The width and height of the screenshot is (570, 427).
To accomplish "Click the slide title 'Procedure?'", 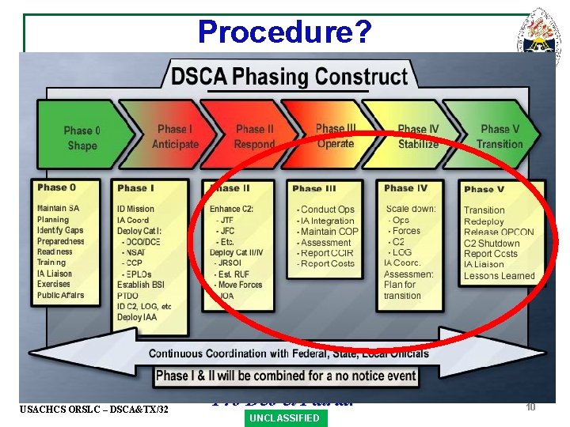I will click(284, 31).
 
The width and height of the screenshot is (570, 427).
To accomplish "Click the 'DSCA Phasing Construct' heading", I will click(289, 77).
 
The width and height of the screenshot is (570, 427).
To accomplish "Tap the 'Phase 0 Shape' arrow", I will click(82, 138).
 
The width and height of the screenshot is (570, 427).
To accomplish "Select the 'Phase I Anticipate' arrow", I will click(174, 137).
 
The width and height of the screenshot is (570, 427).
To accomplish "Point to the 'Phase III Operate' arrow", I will click(335, 136).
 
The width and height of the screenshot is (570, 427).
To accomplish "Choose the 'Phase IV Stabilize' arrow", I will click(417, 137).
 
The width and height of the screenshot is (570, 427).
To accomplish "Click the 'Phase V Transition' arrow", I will click(500, 137).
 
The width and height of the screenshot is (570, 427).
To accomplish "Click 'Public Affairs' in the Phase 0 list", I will click(60, 296).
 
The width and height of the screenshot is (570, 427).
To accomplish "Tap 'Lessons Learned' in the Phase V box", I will click(499, 277).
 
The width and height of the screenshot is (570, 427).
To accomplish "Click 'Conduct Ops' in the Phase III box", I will click(327, 210).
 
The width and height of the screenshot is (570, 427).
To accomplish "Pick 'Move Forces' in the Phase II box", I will click(239, 285).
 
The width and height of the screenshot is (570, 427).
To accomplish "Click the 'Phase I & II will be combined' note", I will click(287, 376).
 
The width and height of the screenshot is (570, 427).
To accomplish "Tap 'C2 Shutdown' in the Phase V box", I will click(492, 244).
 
